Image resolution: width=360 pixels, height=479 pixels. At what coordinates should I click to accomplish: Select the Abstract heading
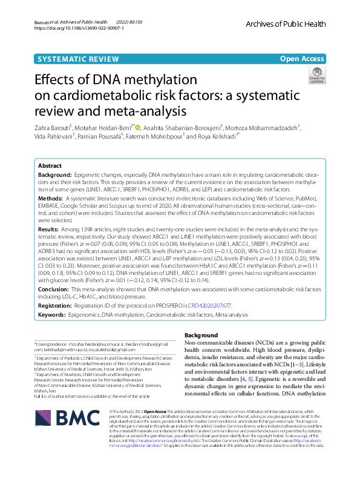tap(50, 165)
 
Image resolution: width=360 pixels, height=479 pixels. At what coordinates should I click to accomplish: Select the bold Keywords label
tap(53, 315)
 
